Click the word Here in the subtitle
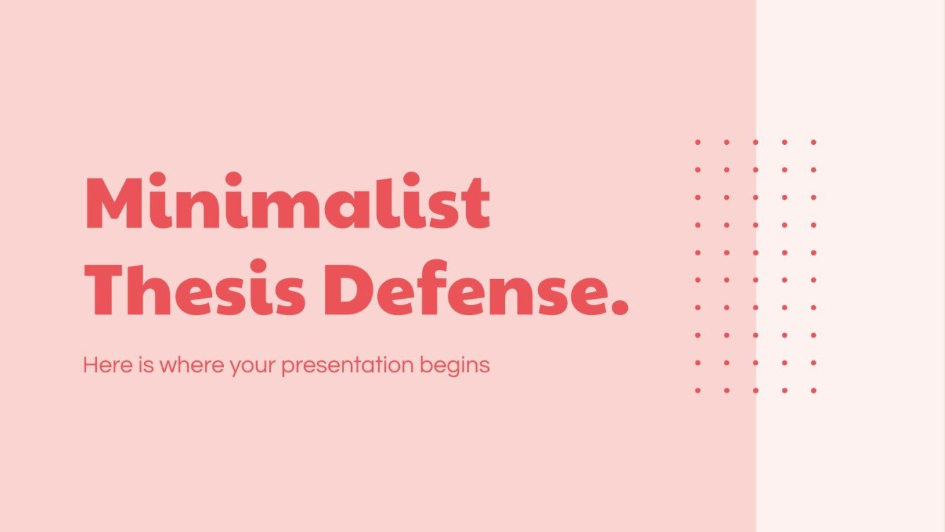[102, 365]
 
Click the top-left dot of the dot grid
[698, 142]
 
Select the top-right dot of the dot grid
[813, 142]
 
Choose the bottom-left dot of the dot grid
[698, 390]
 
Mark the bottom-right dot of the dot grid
[813, 390]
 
